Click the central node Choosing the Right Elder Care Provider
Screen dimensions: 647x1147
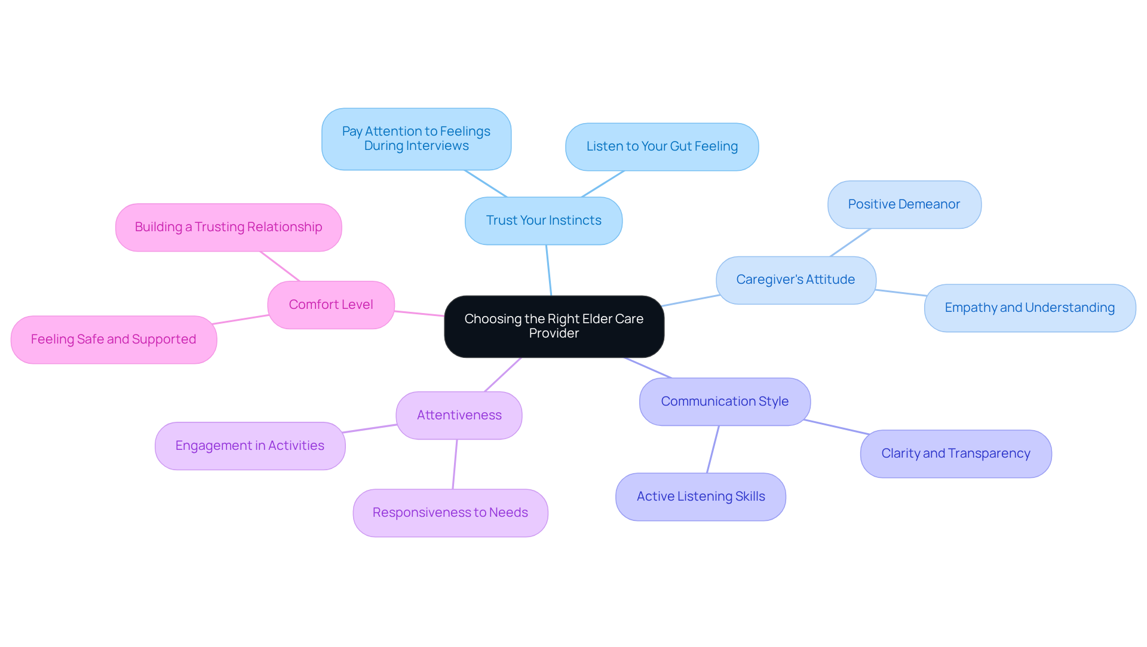click(554, 326)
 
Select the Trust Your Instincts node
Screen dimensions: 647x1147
click(543, 220)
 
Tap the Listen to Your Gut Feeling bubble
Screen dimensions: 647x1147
click(661, 147)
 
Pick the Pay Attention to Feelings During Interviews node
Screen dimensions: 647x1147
click(416, 139)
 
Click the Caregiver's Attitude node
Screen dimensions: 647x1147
click(795, 280)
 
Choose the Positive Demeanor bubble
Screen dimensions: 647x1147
click(903, 204)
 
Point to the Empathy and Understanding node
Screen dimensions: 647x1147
click(1029, 308)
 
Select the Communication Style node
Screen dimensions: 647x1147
click(724, 401)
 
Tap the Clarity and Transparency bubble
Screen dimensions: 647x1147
click(955, 453)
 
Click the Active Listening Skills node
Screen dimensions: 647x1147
click(700, 496)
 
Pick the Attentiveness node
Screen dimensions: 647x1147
click(459, 415)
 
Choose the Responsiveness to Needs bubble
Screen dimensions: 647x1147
click(450, 513)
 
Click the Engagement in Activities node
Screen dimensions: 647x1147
click(250, 446)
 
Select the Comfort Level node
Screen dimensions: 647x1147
click(330, 305)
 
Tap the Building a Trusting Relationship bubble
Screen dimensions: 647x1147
click(228, 227)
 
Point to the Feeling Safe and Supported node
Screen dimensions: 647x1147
click(114, 339)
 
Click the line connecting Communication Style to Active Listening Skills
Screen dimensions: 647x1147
click(713, 449)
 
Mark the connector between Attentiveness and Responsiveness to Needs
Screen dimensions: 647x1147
click(455, 464)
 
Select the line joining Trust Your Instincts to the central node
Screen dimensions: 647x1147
click(548, 270)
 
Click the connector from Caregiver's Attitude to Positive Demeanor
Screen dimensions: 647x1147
click(850, 243)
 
